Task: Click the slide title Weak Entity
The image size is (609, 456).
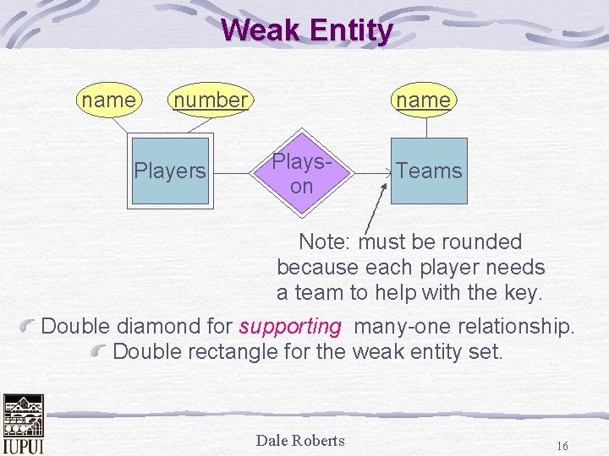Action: [306, 31]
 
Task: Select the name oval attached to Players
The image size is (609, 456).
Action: [108, 100]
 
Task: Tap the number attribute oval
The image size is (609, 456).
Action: [210, 100]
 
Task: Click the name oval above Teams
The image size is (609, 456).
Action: [423, 100]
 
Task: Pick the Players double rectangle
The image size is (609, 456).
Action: [170, 171]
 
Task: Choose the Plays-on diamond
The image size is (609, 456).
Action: [302, 172]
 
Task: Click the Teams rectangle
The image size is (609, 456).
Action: [429, 171]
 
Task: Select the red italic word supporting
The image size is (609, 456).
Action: [290, 326]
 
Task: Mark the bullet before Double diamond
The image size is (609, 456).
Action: [30, 326]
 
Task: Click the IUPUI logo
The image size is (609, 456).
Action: [23, 423]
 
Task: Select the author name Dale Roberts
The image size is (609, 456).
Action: [300, 440]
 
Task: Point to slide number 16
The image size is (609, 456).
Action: [562, 445]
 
